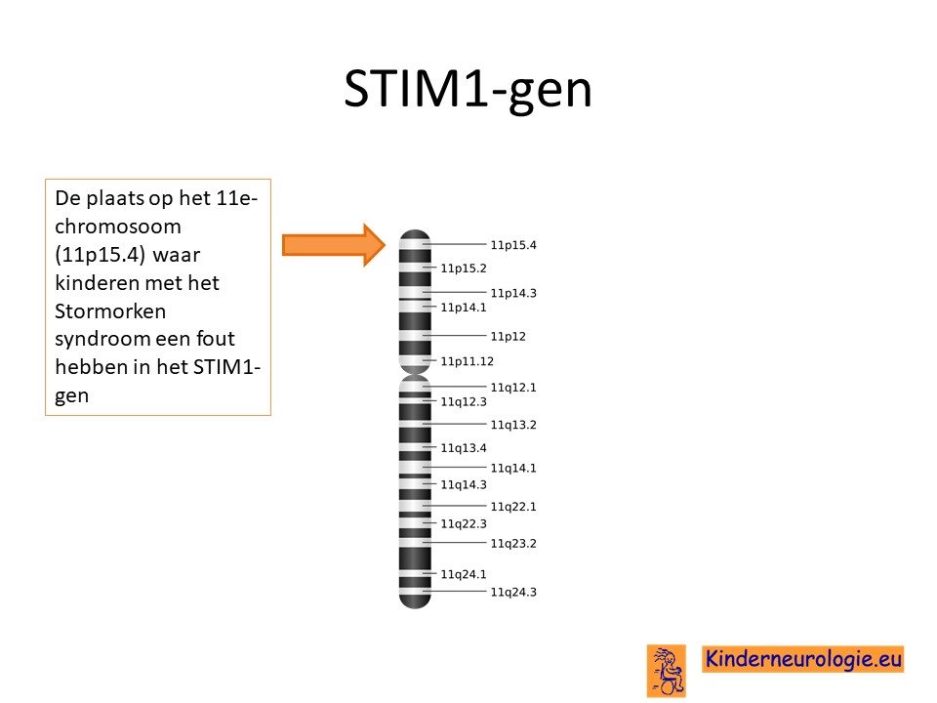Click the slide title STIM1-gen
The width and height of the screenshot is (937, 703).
(x=468, y=90)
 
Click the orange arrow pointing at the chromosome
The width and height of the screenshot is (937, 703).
(x=334, y=245)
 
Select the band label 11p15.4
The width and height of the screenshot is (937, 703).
(x=513, y=245)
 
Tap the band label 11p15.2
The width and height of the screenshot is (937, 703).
(x=464, y=269)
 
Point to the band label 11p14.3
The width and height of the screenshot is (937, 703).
(x=513, y=293)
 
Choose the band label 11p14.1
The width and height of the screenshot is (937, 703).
(x=464, y=308)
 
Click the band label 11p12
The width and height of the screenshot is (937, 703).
(x=508, y=337)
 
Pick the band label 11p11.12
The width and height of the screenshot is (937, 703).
(x=468, y=361)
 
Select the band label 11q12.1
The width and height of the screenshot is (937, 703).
(x=513, y=388)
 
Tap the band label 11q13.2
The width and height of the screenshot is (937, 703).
(x=513, y=425)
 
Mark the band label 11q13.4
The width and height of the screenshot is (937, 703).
(x=464, y=448)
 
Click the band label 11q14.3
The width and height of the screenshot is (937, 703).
(x=464, y=485)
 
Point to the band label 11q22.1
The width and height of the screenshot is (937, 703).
(x=513, y=507)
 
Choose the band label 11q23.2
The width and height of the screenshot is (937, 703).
(x=513, y=544)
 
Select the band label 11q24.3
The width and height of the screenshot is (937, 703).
(x=513, y=593)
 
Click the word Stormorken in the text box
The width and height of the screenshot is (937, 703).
(x=110, y=310)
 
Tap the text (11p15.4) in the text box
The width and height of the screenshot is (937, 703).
(x=100, y=255)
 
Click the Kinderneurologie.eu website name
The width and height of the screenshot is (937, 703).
(x=802, y=659)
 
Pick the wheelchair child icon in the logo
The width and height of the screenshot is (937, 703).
(x=667, y=671)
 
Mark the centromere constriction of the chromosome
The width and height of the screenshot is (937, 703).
(x=415, y=374)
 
